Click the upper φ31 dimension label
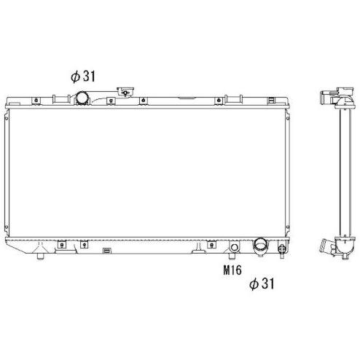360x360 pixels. pyautogui.click(x=83, y=77)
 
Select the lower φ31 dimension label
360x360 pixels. pyautogui.click(x=262, y=283)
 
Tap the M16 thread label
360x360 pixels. pyautogui.click(x=232, y=270)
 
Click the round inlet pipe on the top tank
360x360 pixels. pyautogui.click(x=83, y=98)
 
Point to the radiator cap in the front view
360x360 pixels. pyautogui.click(x=125, y=92)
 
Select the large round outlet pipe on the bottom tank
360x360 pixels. pyautogui.click(x=261, y=246)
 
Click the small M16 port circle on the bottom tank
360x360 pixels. pyautogui.click(x=234, y=248)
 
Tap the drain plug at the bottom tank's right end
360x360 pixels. pyautogui.click(x=282, y=249)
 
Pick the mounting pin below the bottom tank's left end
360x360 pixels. pyautogui.click(x=40, y=256)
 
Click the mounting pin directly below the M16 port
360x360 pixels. pyautogui.click(x=232, y=256)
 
